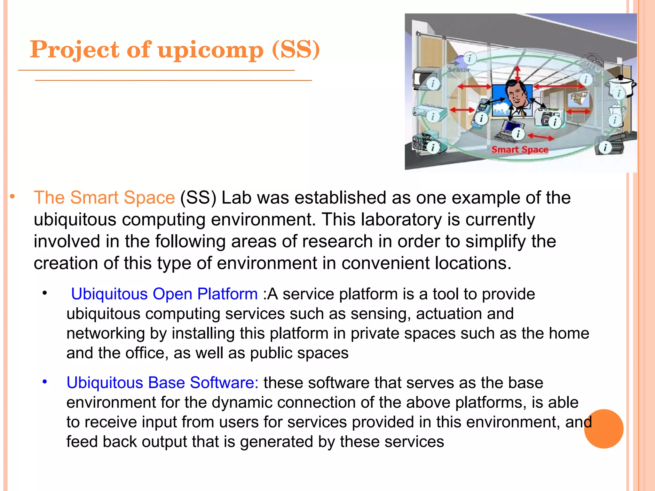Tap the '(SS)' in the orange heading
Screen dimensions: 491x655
point(296,50)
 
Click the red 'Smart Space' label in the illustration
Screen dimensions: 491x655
point(519,150)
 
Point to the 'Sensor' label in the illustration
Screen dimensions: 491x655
point(458,70)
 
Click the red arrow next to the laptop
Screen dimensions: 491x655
point(540,137)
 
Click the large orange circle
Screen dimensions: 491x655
point(604,429)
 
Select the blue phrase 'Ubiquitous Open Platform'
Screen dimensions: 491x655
point(164,294)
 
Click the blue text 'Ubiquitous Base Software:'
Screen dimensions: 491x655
point(162,383)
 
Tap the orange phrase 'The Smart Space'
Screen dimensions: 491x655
point(104,197)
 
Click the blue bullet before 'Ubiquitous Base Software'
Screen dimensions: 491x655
point(45,382)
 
